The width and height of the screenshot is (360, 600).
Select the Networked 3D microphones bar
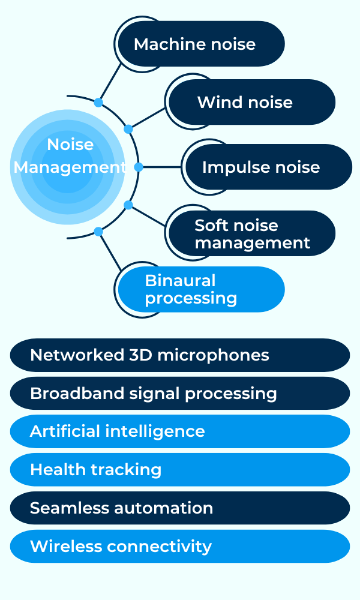pyautogui.click(x=180, y=355)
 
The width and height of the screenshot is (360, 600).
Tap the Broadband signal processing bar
pyautogui.click(x=180, y=394)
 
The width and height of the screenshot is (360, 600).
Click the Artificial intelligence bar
pyautogui.click(x=180, y=431)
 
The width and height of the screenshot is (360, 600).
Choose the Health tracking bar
pyautogui.click(x=180, y=470)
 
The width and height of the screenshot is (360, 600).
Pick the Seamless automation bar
pyautogui.click(x=180, y=508)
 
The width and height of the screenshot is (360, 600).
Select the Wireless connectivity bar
pyautogui.click(x=180, y=547)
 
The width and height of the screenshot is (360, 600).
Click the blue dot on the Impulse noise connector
pyautogui.click(x=139, y=167)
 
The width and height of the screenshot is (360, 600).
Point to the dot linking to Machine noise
pyautogui.click(x=98, y=103)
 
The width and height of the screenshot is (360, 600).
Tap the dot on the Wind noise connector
pyautogui.click(x=128, y=129)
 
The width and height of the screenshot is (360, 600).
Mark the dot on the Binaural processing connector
pyautogui.click(x=98, y=232)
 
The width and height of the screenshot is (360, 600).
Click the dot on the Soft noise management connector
pyautogui.click(x=128, y=205)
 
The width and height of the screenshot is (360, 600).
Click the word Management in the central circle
pyautogui.click(x=70, y=167)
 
